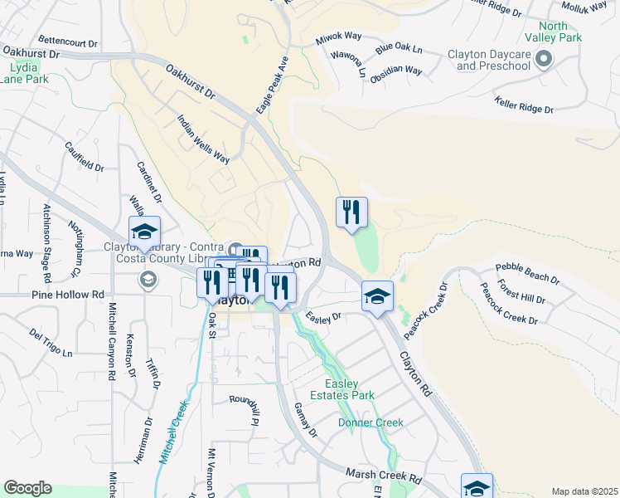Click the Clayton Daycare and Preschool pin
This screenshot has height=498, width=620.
[544, 59]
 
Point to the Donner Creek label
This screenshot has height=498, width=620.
[371, 422]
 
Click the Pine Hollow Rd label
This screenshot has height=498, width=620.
[68, 295]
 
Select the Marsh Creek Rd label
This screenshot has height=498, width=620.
[384, 480]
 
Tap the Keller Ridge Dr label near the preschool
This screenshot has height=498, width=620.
[523, 106]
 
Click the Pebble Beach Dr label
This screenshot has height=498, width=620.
[526, 271]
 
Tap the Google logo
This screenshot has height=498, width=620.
[27, 488]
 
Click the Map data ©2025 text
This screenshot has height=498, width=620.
[584, 491]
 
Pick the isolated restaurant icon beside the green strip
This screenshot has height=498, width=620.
[351, 212]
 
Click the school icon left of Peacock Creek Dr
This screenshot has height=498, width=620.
[377, 295]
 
